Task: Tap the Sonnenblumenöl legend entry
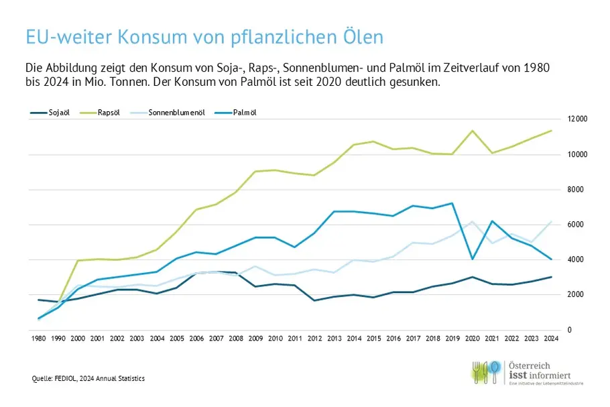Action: [176, 113]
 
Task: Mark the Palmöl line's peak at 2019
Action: [454, 203]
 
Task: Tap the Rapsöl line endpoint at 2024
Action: [551, 131]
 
